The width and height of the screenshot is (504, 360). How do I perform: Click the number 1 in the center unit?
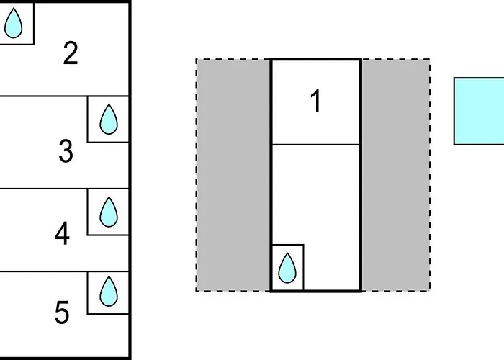[316, 101]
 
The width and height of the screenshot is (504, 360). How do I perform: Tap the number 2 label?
[71, 53]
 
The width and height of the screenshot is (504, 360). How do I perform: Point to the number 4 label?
[62, 233]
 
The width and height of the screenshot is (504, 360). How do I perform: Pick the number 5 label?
[62, 312]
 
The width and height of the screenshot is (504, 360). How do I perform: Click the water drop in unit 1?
[287, 268]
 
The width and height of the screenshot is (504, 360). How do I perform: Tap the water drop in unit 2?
[14, 23]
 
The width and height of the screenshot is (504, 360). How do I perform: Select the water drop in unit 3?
[109, 119]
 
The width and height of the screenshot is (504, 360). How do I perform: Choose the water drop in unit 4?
[109, 212]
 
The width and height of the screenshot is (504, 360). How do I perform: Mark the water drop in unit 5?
[109, 291]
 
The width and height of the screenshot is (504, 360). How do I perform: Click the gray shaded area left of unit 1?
[233, 175]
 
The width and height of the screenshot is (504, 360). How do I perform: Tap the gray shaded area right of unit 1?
[396, 175]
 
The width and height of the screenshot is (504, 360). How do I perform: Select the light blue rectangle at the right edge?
[479, 111]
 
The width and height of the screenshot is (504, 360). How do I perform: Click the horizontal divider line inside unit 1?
[316, 145]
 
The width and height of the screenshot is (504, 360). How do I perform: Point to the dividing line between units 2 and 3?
[64, 96]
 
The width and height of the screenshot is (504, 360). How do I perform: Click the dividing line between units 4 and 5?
[64, 271]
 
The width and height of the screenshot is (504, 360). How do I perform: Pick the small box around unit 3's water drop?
[87, 120]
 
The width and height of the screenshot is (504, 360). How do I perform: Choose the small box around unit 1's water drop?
[303, 267]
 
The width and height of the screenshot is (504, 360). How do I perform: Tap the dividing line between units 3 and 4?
[64, 189]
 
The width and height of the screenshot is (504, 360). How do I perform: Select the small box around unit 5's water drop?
[87, 293]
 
